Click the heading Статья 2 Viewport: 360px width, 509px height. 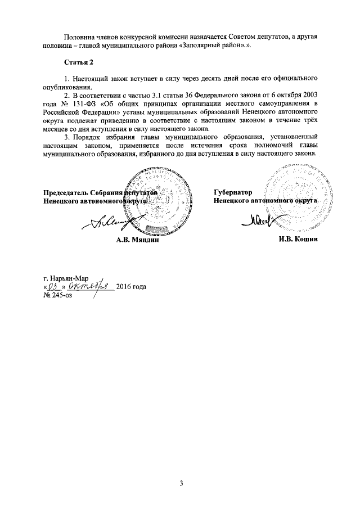click(x=78, y=61)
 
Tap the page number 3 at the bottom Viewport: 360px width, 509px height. click(x=182, y=483)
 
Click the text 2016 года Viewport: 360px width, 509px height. click(x=131, y=287)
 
